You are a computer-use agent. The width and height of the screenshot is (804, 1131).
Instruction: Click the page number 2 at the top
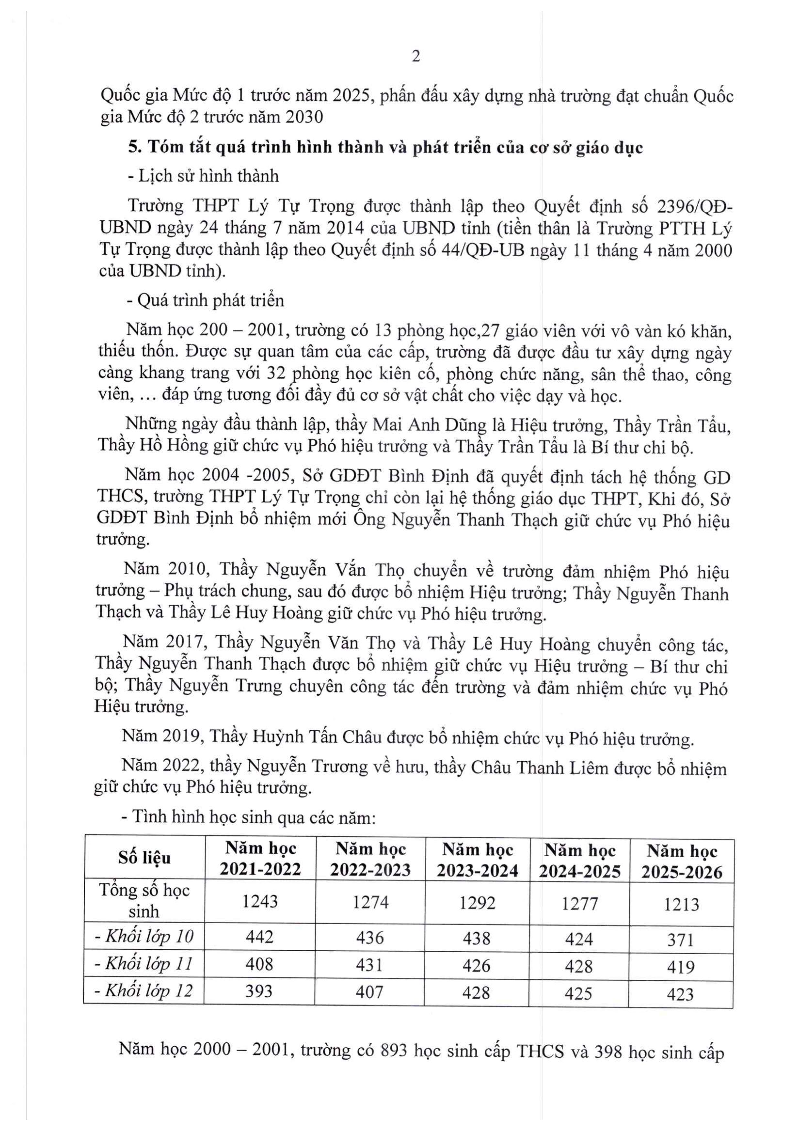point(416,57)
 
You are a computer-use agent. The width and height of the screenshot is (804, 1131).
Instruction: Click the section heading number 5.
point(132,147)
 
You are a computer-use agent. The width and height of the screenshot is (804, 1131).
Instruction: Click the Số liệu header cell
point(144,858)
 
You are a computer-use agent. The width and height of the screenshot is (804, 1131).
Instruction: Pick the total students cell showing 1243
point(260,901)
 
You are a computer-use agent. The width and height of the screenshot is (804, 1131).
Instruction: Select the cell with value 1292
point(477,903)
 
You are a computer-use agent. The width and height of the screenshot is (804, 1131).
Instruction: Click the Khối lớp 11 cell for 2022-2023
point(370,965)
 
